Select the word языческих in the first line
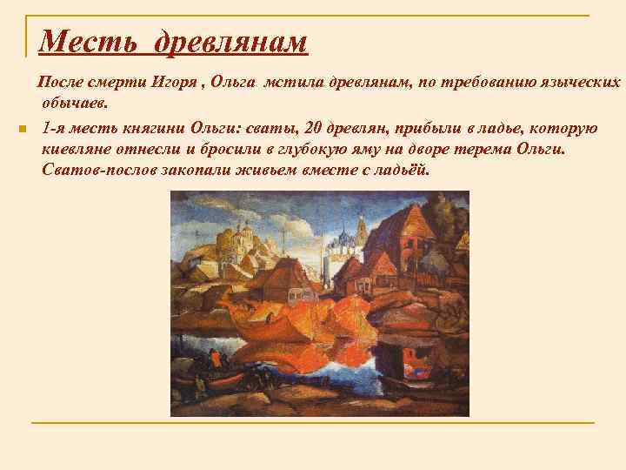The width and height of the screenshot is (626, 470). coord(580,84)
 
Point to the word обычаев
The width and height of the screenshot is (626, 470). coord(74,104)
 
